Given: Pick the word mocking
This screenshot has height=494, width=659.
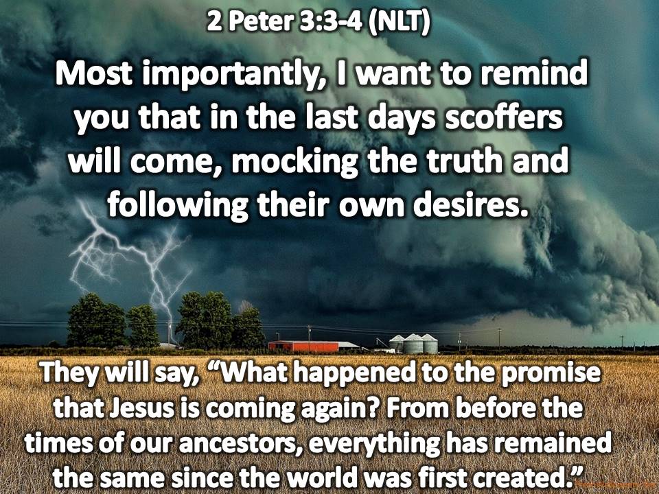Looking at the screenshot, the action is point(294,163).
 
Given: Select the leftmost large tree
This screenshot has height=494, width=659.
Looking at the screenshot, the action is point(96,321).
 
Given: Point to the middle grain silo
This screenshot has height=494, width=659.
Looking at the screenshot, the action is point(413,344).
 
